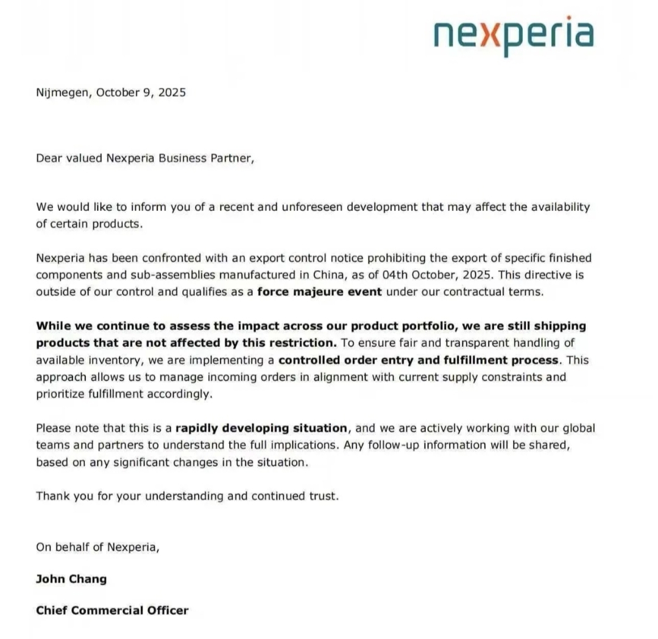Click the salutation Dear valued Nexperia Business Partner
[143, 158]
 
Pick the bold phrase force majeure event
[320, 291]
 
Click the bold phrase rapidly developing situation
[262, 428]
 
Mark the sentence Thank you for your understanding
[186, 496]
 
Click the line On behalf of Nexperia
[97, 546]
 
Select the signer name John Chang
[71, 579]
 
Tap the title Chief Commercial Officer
[112, 610]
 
